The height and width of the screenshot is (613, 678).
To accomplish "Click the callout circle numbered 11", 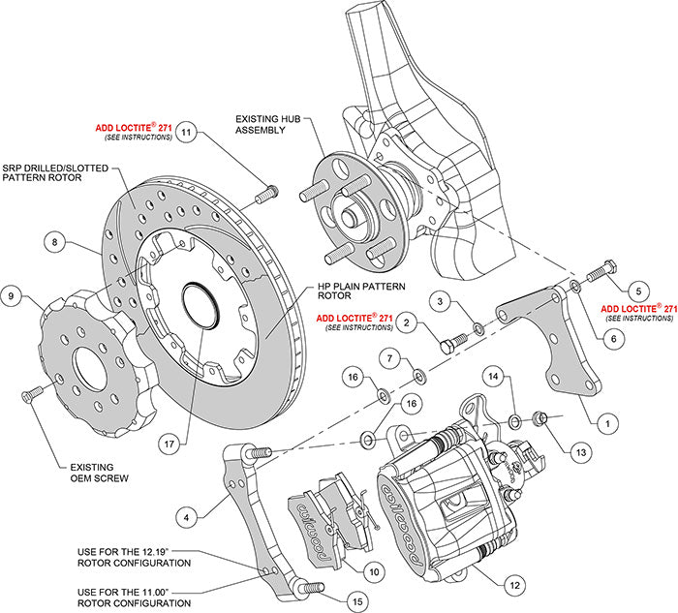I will point(187,132).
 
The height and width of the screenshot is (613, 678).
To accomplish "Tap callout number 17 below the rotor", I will point(169,445).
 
